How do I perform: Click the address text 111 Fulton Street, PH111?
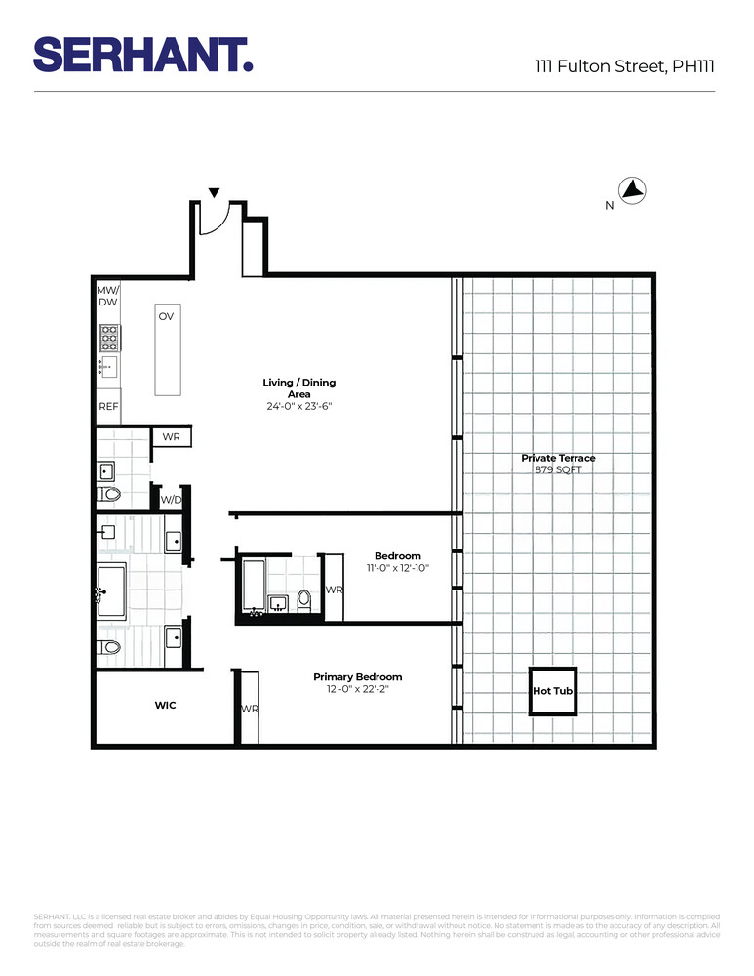click(624, 66)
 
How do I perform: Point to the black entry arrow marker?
click(214, 193)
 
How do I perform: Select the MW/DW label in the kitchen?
click(107, 297)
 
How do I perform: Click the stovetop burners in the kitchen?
click(108, 338)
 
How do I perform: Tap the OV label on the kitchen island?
click(166, 317)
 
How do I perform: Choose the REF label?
click(107, 407)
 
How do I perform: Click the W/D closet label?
click(171, 500)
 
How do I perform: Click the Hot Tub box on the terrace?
click(553, 691)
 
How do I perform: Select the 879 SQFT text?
click(558, 469)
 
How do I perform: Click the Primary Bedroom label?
click(357, 676)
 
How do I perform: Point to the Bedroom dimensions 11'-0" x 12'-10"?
click(397, 567)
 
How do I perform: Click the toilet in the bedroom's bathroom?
click(303, 599)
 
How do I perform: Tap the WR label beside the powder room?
click(171, 436)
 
